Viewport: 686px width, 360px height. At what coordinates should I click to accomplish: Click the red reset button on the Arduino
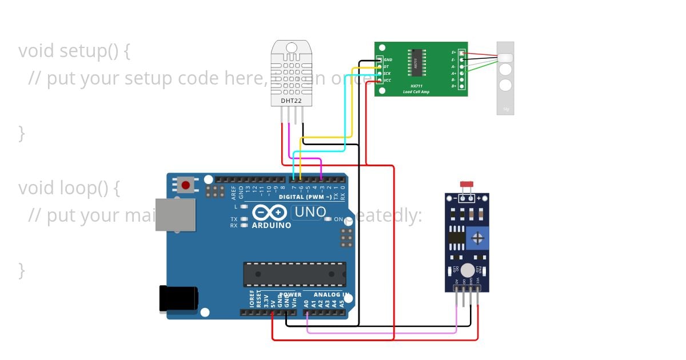pyautogui.click(x=185, y=185)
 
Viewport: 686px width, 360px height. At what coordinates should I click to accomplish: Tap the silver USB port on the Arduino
pyautogui.click(x=175, y=215)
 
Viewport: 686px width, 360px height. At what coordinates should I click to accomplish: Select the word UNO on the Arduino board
pyautogui.click(x=309, y=213)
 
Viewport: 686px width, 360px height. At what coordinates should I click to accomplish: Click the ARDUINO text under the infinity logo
pyautogui.click(x=272, y=225)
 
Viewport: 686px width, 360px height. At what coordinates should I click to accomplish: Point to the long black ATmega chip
pyautogui.click(x=294, y=274)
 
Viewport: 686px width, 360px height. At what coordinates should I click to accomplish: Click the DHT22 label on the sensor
pyautogui.click(x=290, y=101)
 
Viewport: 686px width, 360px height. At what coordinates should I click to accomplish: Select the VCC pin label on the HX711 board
pyautogui.click(x=388, y=81)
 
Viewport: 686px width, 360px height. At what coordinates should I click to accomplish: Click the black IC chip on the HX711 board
pyautogui.click(x=416, y=62)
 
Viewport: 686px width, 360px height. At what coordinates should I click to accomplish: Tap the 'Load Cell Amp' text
pyautogui.click(x=416, y=91)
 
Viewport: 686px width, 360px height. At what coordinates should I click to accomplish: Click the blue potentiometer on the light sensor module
pyautogui.click(x=477, y=237)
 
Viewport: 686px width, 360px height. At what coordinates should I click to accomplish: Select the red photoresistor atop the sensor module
pyautogui.click(x=466, y=185)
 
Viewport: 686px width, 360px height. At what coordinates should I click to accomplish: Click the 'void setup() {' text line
pyautogui.click(x=74, y=51)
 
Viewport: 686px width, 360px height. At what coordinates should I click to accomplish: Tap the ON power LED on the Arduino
pyautogui.click(x=328, y=219)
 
